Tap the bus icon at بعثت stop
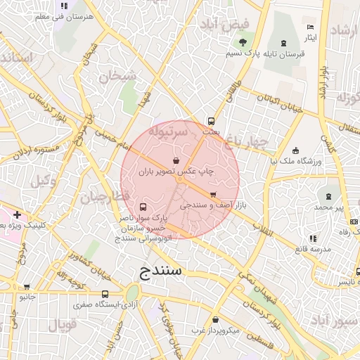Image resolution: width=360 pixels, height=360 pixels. [211, 120]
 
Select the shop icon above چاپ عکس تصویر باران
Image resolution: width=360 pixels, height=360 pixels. [175, 161]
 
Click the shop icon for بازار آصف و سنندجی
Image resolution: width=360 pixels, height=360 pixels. [212, 195]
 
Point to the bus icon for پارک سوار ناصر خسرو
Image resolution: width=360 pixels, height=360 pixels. [143, 207]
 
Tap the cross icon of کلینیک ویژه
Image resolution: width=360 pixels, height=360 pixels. [16, 214]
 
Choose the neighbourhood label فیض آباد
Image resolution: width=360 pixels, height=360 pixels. [224, 25]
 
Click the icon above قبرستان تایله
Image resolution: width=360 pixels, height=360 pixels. [283, 44]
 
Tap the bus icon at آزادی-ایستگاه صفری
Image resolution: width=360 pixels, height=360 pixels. [105, 295]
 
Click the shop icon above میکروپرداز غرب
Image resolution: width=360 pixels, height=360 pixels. [215, 319]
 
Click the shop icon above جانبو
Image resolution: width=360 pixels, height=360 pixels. [27, 287]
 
